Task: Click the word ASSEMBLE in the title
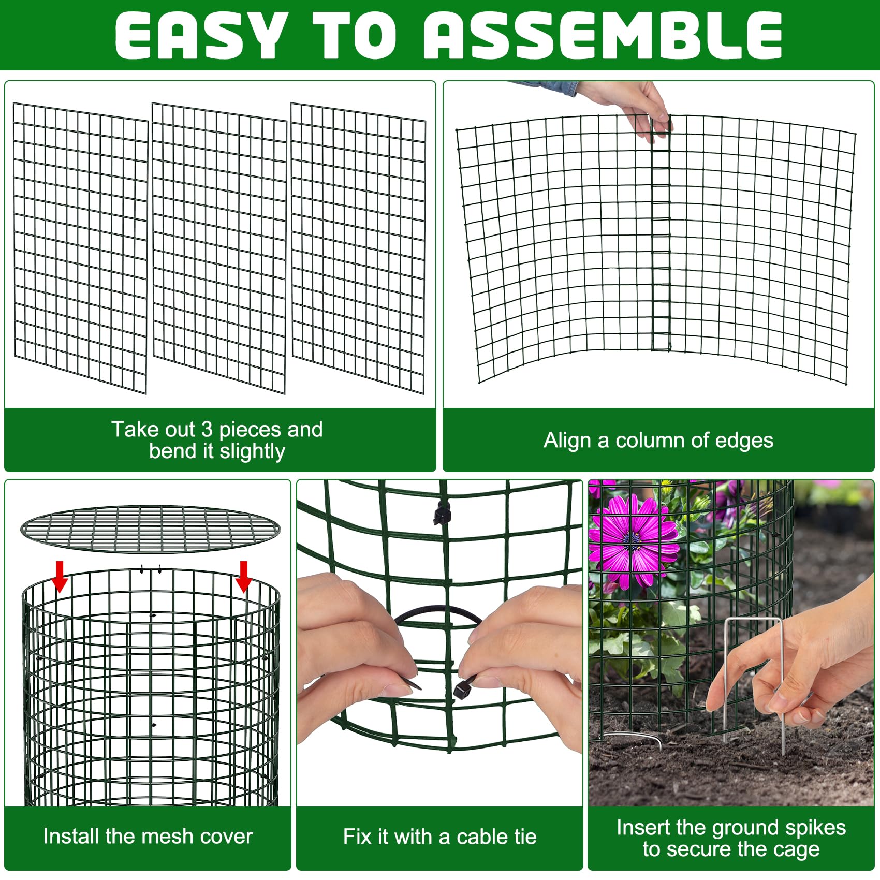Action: pos(603,35)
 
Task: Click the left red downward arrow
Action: pos(60,576)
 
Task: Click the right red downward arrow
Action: pos(243,576)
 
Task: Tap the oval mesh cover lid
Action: pos(150,529)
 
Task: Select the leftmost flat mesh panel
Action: pos(81,247)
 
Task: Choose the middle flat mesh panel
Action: pos(219,247)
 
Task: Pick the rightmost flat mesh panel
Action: pos(358,247)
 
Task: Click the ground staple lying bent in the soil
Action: pos(634,735)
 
